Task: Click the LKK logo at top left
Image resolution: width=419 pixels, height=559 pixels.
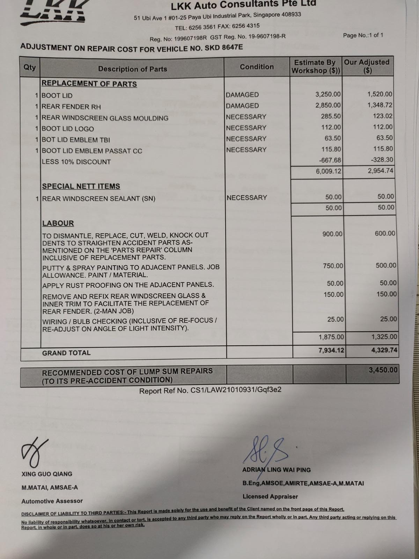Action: [x=52, y=12]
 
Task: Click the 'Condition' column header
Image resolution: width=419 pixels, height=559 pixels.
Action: [x=257, y=67]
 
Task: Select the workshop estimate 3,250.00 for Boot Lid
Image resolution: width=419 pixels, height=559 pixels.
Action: [x=328, y=94]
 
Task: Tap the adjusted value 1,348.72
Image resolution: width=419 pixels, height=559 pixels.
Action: [x=380, y=105]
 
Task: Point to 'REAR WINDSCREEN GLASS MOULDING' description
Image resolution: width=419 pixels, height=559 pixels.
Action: [x=105, y=118]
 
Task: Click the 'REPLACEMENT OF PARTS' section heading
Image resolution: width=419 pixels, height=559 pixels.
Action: [x=89, y=84]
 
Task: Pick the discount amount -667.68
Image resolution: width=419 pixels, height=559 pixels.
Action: [x=330, y=160]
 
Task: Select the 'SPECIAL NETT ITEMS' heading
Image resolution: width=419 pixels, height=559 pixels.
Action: [x=81, y=186]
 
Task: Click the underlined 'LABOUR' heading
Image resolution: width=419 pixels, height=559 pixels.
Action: [x=58, y=223]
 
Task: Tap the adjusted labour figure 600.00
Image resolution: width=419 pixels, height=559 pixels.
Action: [x=385, y=233]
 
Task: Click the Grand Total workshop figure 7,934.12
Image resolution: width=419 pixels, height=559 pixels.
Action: [x=331, y=350]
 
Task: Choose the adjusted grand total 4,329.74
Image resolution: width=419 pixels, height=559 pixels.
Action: [x=384, y=350]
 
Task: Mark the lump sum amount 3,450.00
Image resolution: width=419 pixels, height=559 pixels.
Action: [x=383, y=370]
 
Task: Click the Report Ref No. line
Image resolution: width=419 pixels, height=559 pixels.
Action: [x=210, y=390]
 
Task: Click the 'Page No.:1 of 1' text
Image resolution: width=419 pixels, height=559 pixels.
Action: [x=363, y=35]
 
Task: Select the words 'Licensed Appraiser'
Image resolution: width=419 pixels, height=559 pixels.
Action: [x=270, y=496]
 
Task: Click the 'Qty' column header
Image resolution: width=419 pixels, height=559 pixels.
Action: [x=30, y=67]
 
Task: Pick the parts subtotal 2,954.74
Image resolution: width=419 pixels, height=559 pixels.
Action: [x=380, y=171]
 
